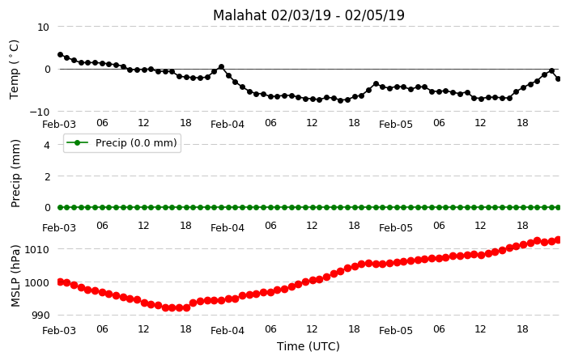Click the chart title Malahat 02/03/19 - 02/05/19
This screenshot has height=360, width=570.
(x=308, y=15)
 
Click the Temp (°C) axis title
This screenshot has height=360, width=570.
(x=14, y=70)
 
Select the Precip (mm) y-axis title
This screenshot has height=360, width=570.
(x=15, y=174)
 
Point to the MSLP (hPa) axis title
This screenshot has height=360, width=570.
(x=15, y=276)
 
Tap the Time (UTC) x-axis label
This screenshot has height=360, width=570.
(x=308, y=346)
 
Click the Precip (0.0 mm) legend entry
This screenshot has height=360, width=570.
(x=122, y=142)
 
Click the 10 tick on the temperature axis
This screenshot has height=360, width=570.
(x=43, y=28)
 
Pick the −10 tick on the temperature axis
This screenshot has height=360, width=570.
(x=39, y=112)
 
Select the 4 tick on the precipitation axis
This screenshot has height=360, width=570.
(x=46, y=146)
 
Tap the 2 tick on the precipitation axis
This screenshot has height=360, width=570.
(x=46, y=176)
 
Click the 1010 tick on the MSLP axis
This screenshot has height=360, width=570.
(x=36, y=249)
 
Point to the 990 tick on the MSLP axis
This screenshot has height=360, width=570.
(x=40, y=316)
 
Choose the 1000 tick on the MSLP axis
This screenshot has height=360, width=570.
(x=36, y=282)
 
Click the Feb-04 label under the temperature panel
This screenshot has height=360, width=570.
(x=228, y=125)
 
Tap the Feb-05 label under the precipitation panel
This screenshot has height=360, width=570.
(x=395, y=228)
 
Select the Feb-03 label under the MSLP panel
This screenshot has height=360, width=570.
(x=59, y=331)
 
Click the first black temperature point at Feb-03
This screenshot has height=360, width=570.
(x=61, y=54)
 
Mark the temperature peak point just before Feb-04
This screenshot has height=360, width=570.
(x=221, y=67)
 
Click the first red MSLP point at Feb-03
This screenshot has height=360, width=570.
(x=61, y=282)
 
